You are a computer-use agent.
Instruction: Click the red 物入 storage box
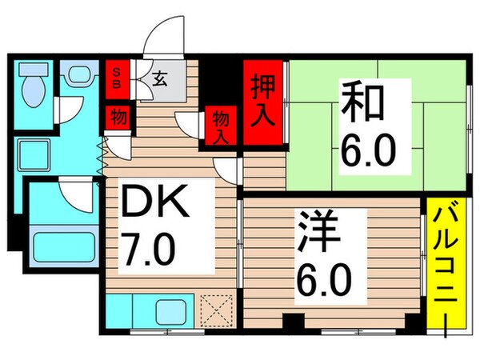pos(219,127)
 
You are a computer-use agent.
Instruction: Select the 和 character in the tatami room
pos(366,103)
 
